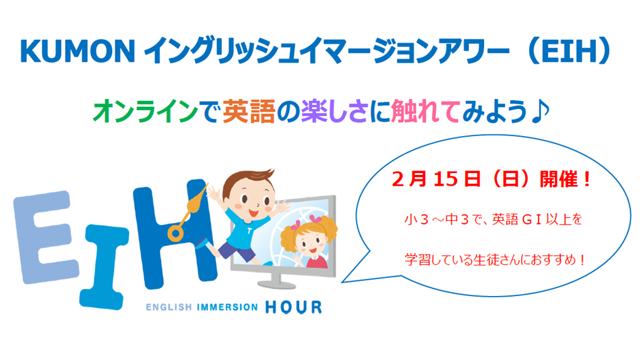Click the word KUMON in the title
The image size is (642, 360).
tap(77, 51)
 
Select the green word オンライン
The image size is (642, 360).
tap(145, 112)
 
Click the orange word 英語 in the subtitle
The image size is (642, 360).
tap(248, 112)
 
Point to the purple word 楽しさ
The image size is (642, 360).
tap(334, 112)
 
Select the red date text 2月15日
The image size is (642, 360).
tap(436, 179)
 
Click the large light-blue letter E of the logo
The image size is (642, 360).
tap(45, 236)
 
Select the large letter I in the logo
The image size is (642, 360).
tap(103, 266)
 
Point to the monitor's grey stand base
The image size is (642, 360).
tap(276, 283)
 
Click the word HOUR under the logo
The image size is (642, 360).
tap(293, 307)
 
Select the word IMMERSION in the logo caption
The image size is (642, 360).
tap(227, 307)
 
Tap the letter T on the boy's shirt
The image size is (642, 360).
tap(250, 231)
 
